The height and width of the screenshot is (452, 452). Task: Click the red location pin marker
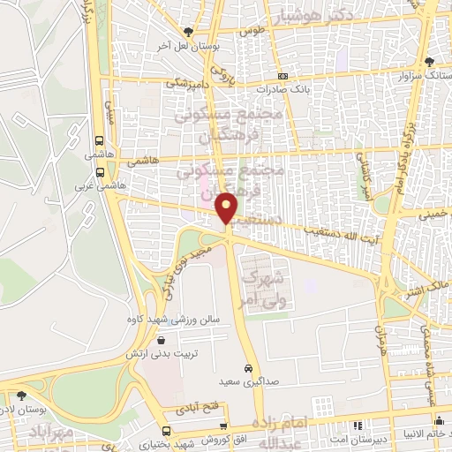228,207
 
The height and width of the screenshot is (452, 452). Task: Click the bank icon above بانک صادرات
282,77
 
